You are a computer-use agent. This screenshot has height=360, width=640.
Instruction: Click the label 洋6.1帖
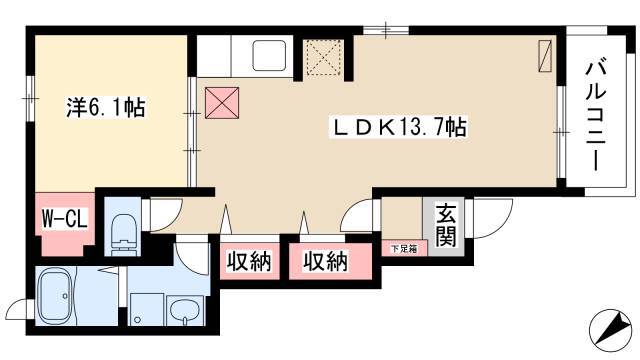tap(106, 108)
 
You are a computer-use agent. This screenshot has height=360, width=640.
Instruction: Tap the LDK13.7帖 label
tap(398, 128)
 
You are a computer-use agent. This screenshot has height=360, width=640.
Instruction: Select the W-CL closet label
tap(65, 219)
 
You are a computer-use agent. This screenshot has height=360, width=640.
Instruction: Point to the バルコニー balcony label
tap(595, 116)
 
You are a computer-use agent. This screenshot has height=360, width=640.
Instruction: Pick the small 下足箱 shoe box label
tap(404, 249)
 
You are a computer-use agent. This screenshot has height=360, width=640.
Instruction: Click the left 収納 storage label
tap(249, 261)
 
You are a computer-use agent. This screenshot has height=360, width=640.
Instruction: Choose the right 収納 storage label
tap(325, 261)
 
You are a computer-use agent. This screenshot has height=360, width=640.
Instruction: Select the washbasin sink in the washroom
tap(185, 311)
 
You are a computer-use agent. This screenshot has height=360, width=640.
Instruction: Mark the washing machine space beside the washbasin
tap(146, 309)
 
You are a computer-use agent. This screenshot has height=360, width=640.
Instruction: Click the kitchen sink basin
tap(269, 56)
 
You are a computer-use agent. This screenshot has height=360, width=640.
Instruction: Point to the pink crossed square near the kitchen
tap(222, 103)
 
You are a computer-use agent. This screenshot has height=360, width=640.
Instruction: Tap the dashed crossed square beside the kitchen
tap(324, 57)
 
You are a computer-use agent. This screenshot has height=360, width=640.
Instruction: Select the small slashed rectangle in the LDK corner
tap(545, 56)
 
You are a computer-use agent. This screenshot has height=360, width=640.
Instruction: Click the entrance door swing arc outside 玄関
tap(492, 218)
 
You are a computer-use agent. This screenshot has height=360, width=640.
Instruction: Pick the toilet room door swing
tap(166, 215)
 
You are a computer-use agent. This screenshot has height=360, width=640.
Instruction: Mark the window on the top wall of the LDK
tap(386, 30)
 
